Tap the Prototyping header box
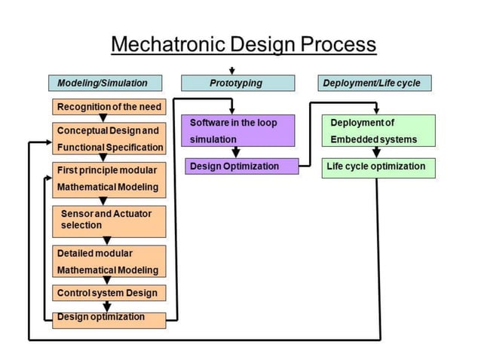click(237, 83)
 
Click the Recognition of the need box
click(109, 108)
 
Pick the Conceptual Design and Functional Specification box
click(109, 139)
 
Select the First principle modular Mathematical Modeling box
click(109, 178)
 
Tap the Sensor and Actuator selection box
click(109, 219)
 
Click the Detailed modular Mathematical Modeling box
click(109, 261)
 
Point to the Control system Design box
click(109, 292)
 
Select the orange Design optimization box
click(109, 319)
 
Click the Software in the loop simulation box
click(238, 130)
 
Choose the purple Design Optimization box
click(241, 166)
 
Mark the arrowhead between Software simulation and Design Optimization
click(236, 154)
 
